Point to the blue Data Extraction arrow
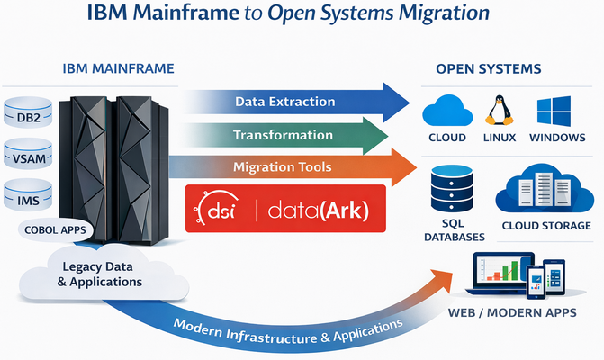click(x=288, y=102)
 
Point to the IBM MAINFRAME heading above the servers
click(x=119, y=68)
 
